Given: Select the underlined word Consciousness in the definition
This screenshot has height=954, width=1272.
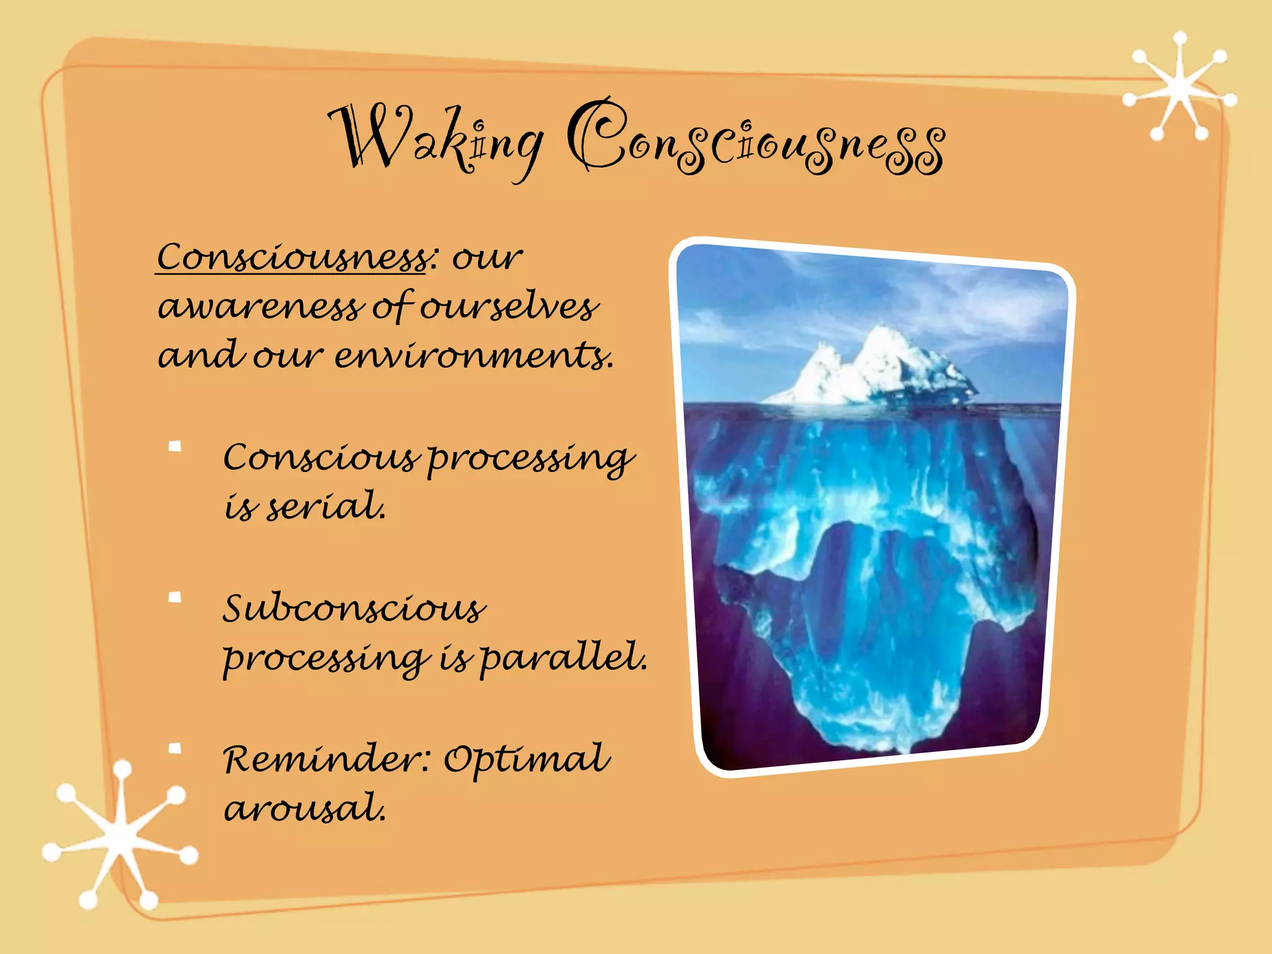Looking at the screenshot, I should click(292, 257).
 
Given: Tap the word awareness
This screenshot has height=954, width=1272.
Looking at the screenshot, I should click(261, 307).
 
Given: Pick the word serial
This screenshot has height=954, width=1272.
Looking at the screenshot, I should click(326, 506).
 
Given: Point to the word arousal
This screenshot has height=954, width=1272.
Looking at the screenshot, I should click(304, 809).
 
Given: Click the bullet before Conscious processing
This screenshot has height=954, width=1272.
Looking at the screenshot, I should click(175, 447).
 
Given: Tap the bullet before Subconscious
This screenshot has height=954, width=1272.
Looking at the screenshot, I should click(175, 597).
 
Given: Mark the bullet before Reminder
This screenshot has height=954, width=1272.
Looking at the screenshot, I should click(175, 748).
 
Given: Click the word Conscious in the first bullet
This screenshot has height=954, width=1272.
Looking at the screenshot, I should click(320, 458).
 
